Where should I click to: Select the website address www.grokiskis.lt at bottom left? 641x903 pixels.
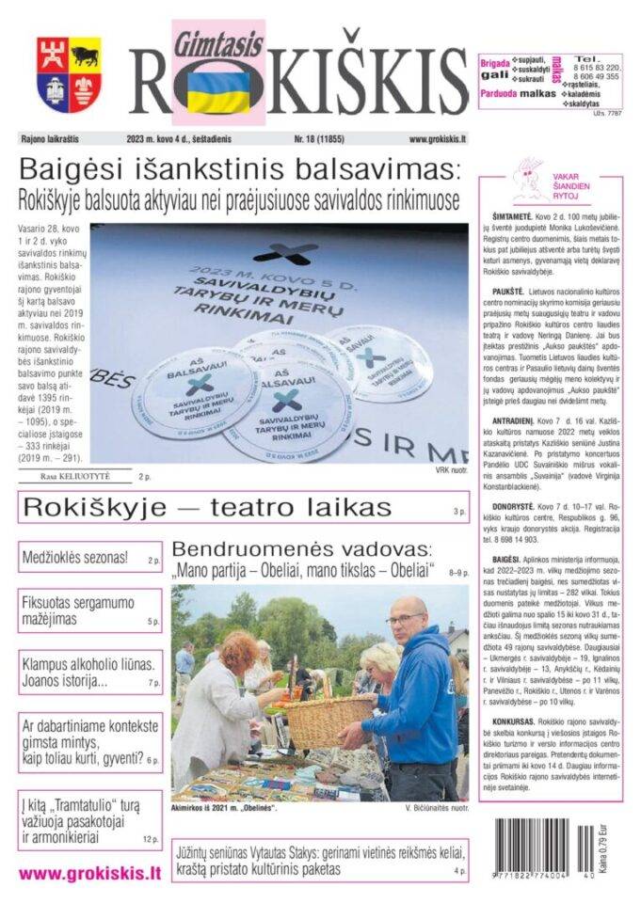pyautogui.click(x=89, y=873)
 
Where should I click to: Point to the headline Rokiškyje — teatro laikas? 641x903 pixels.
pyautogui.click(x=206, y=508)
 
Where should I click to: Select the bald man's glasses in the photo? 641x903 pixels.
pyautogui.click(x=404, y=619)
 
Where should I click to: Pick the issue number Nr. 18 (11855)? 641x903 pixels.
pyautogui.click(x=319, y=140)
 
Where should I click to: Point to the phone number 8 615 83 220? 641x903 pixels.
pyautogui.click(x=598, y=68)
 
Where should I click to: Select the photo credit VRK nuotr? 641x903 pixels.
pyautogui.click(x=451, y=469)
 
